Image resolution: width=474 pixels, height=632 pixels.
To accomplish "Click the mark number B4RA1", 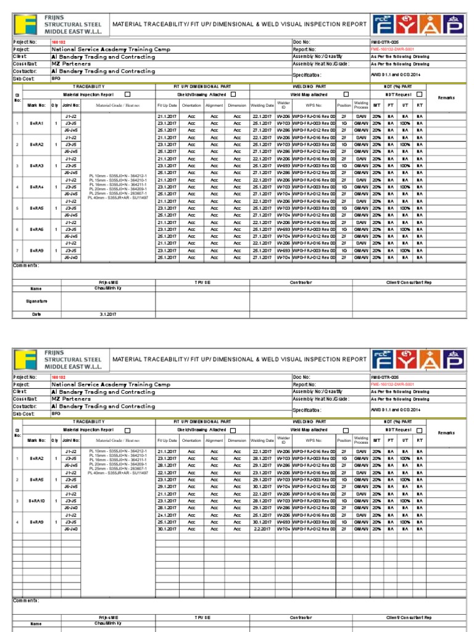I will [x=36, y=123].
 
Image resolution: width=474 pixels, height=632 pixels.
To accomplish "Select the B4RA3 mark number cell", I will [x=36, y=165].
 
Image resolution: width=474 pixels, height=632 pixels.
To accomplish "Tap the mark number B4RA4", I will [x=36, y=187].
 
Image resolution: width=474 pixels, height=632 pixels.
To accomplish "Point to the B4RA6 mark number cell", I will [x=36, y=229].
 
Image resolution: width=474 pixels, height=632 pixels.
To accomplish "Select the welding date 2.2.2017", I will [x=262, y=529].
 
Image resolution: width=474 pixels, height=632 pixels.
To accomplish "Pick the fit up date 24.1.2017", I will [x=167, y=515].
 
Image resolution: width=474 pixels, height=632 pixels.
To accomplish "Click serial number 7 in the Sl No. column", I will [x=17, y=251].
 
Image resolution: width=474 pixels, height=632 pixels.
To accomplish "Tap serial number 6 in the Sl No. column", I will [x=17, y=229].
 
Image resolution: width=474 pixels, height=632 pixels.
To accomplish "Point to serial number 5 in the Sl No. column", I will [x=17, y=208].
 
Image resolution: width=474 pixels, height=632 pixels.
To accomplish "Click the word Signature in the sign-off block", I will [x=36, y=301].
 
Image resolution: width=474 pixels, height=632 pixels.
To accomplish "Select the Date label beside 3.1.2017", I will [x=36, y=314].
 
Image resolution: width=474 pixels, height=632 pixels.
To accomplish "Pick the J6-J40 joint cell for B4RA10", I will [x=71, y=508].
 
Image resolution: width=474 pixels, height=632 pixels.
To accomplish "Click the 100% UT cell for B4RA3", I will [x=405, y=165].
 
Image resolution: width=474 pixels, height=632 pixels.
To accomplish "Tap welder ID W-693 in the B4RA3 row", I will [x=283, y=165].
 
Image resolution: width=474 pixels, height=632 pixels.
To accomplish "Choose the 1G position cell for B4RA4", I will [x=344, y=187].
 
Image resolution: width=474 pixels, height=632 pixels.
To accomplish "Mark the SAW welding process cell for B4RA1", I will [x=361, y=116].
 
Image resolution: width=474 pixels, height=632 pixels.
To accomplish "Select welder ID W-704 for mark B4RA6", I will [x=283, y=236].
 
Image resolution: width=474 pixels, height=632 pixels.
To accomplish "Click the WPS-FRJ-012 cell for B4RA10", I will [x=314, y=508].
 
